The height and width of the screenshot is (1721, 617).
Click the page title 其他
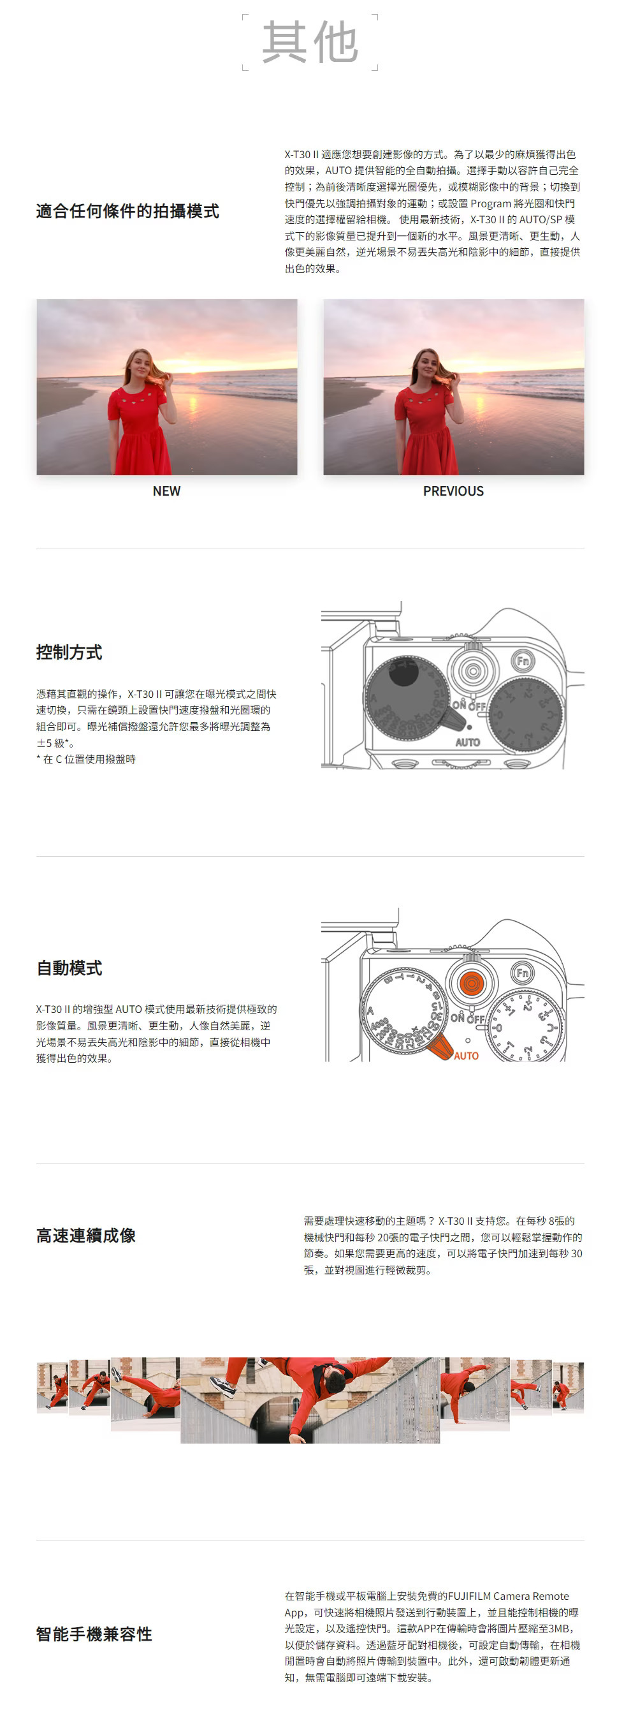point(310,41)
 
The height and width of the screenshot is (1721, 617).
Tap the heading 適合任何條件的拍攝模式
point(127,211)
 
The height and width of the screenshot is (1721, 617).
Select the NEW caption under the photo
point(166,491)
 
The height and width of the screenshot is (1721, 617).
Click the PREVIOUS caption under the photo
point(453,491)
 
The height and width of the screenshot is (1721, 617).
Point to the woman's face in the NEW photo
point(140,365)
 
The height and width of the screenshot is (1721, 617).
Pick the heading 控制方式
point(69,652)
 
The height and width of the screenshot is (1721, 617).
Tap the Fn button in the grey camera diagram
point(523,661)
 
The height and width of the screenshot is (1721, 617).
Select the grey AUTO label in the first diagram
point(467,742)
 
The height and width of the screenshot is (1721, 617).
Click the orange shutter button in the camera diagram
point(472,983)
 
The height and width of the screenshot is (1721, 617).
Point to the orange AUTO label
point(466,1056)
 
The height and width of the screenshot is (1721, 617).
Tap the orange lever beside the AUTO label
point(440,1046)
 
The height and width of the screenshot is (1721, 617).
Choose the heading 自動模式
point(69,968)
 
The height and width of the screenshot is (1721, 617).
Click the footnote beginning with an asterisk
point(86,759)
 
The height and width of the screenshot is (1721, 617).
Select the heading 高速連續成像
point(86,1236)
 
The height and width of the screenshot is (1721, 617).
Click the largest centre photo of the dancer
point(310,1400)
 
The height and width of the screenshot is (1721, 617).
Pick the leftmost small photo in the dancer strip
point(53,1387)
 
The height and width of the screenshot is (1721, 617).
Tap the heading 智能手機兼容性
point(94,1634)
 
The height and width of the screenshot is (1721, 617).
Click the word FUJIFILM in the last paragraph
point(469,1596)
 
